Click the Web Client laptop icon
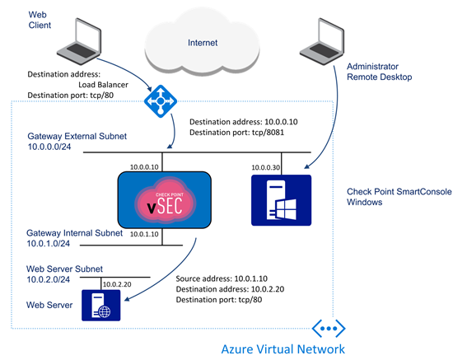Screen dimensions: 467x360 [x=79, y=41]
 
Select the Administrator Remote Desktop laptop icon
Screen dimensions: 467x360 [x=322, y=41]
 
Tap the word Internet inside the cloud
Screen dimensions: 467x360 [x=203, y=43]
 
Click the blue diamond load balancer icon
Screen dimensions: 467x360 [x=161, y=101]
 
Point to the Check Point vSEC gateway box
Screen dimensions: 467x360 [x=165, y=200]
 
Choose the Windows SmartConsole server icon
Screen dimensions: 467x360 [x=281, y=200]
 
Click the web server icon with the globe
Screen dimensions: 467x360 [x=101, y=305]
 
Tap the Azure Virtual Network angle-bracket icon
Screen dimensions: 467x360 [x=329, y=329]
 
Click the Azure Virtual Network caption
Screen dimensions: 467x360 [x=283, y=349]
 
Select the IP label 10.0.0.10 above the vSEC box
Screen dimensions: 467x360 [x=144, y=167]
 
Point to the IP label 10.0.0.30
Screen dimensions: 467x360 [x=266, y=167]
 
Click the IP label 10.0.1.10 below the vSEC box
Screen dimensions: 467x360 [x=144, y=234]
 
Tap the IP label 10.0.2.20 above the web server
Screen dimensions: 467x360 [x=117, y=284]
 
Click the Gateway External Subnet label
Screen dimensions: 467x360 [x=77, y=142]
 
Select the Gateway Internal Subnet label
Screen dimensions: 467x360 [x=74, y=238]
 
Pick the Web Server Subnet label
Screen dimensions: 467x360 [x=64, y=274]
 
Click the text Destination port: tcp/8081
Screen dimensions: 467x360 [x=236, y=133]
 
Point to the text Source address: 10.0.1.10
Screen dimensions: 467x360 [x=222, y=278]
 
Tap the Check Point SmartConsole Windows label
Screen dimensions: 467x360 [x=399, y=197]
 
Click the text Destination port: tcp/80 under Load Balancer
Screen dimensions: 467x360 [x=71, y=96]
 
